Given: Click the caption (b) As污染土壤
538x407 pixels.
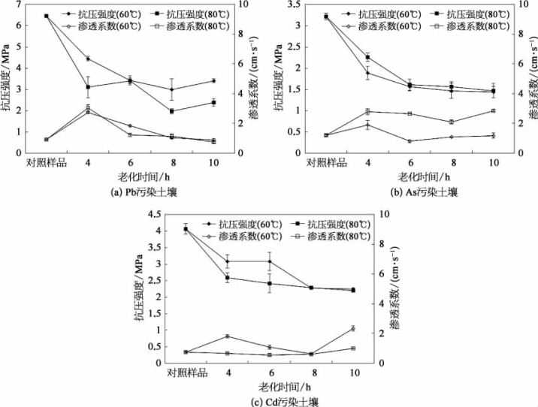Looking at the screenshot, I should point(417,192).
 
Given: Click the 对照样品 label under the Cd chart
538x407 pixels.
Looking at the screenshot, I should point(186,372).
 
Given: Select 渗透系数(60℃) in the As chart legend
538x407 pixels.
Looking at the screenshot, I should point(380,26).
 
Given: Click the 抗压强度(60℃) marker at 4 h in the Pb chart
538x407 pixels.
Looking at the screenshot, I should point(88,59).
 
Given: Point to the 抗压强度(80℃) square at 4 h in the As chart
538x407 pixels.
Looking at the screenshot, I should point(367,57).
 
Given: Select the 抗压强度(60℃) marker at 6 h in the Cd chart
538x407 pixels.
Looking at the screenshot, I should point(269,261).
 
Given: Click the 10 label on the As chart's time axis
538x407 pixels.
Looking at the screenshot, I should point(494,162).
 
